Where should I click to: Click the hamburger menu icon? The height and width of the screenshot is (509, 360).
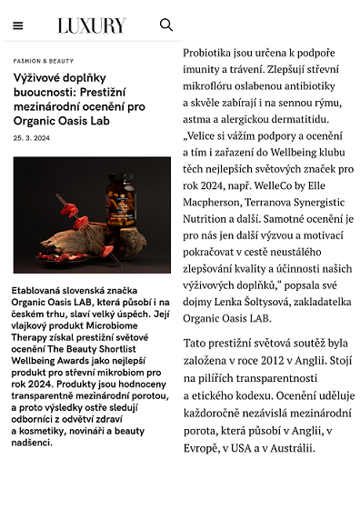click(18, 25)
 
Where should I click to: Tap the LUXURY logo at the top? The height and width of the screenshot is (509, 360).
click(91, 25)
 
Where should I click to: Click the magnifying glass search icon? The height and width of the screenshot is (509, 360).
click(166, 25)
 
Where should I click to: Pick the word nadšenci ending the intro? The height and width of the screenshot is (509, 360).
click(33, 443)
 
